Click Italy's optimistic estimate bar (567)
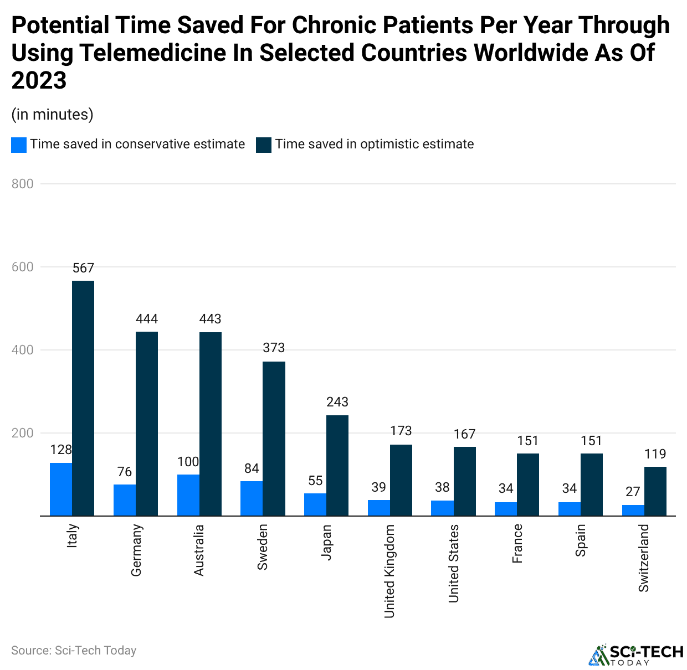(x=83, y=398)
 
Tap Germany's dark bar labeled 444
(x=147, y=424)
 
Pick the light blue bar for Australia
(x=188, y=495)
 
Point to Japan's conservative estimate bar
(x=315, y=504)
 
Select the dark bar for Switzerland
(x=655, y=491)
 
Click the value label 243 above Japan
(x=337, y=402)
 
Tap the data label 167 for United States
(x=464, y=434)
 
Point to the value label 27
(x=633, y=492)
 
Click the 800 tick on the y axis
(x=23, y=184)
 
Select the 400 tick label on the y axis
(x=23, y=350)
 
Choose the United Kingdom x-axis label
(x=389, y=571)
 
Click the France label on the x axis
(x=517, y=544)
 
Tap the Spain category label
(x=581, y=540)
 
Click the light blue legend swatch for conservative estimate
(x=19, y=145)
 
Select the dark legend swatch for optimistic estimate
(x=264, y=145)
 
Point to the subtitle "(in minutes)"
(x=53, y=115)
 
